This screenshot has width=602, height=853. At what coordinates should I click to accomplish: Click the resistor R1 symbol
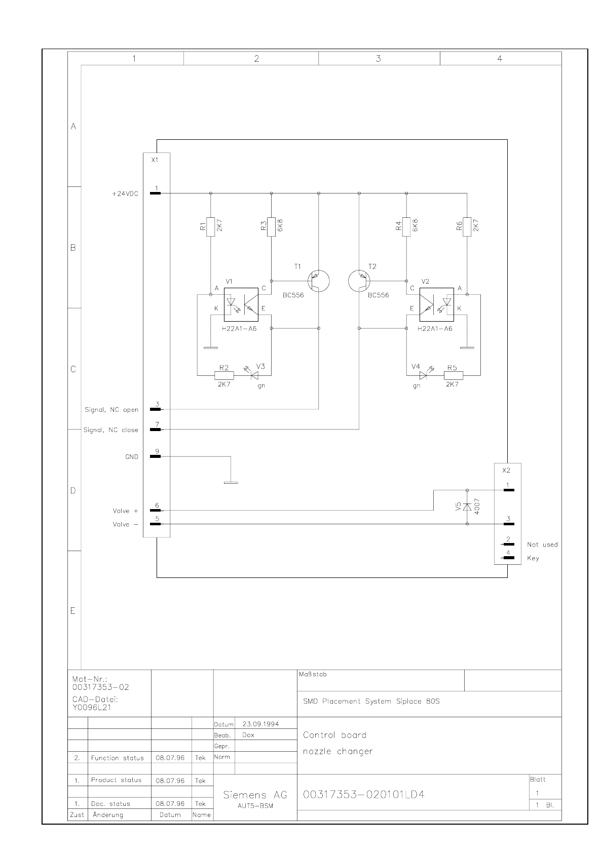(x=210, y=225)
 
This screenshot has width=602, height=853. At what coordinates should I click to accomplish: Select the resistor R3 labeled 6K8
(x=272, y=225)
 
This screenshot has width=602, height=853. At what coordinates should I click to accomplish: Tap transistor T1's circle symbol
(x=319, y=281)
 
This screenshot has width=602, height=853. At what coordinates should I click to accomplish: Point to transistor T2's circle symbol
(x=359, y=281)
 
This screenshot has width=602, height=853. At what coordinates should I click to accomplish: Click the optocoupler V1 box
(x=241, y=305)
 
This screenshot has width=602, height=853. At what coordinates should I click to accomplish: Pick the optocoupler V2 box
(x=436, y=305)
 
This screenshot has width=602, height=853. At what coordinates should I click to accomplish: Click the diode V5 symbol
(x=467, y=507)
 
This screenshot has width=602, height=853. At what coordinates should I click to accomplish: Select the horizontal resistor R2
(x=224, y=375)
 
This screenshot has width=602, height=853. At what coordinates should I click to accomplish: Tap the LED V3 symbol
(x=255, y=375)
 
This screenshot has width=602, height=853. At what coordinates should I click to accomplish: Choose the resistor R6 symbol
(x=467, y=225)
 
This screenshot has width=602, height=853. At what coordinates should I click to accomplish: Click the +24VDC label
(x=125, y=193)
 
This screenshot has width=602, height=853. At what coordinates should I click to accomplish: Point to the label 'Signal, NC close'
(x=110, y=430)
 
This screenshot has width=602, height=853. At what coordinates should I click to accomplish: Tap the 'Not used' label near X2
(x=542, y=545)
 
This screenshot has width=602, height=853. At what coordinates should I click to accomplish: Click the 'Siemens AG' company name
(x=255, y=795)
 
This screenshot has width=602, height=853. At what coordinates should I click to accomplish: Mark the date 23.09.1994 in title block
(x=261, y=724)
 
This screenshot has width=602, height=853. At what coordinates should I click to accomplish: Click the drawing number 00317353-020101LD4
(x=363, y=794)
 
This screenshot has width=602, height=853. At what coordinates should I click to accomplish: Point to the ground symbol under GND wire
(x=231, y=483)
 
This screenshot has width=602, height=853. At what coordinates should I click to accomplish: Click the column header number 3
(x=378, y=59)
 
